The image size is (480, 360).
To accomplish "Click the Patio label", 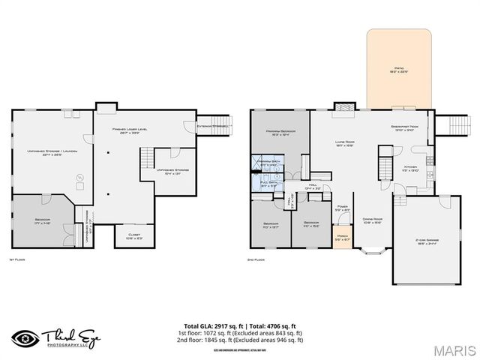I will pyautogui.click(x=399, y=69).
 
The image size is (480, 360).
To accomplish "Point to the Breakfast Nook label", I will pyautogui.click(x=404, y=127).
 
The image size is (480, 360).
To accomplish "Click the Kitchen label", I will pyautogui.click(x=411, y=168).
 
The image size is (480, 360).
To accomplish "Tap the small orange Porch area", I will pyautogui.click(x=342, y=238).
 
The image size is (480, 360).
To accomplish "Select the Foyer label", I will pyautogui.click(x=341, y=208).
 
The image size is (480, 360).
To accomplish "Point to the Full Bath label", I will pyautogui.click(x=268, y=182).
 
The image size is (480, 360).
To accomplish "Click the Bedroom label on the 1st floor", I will pyautogui.click(x=43, y=220).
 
